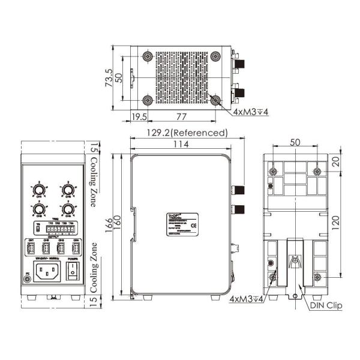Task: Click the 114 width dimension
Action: coord(180,145)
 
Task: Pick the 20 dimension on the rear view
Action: coord(339,162)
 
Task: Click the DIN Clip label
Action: coord(326,305)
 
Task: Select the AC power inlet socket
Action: coord(49,272)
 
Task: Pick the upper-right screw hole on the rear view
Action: coord(317,172)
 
